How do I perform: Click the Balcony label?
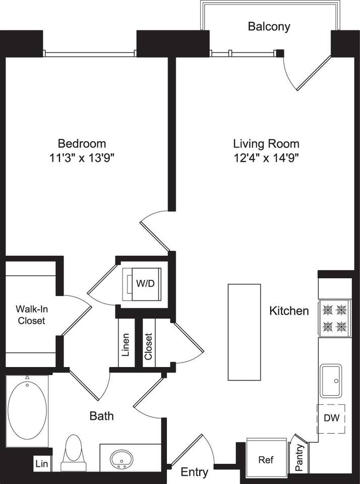pyautogui.click(x=269, y=27)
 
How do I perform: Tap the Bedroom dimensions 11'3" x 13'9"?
pyautogui.click(x=81, y=158)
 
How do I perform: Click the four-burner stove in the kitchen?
pyautogui.click(x=334, y=318)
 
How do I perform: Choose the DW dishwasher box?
pyautogui.click(x=331, y=418)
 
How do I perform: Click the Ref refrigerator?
pyautogui.click(x=265, y=460)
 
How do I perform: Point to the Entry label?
pyautogui.click(x=195, y=472)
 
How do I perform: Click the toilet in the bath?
pyautogui.click(x=74, y=452)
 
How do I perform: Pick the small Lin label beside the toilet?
pyautogui.click(x=42, y=464)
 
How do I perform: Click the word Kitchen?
pyautogui.click(x=289, y=311)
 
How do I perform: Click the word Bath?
pyautogui.click(x=101, y=416)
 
